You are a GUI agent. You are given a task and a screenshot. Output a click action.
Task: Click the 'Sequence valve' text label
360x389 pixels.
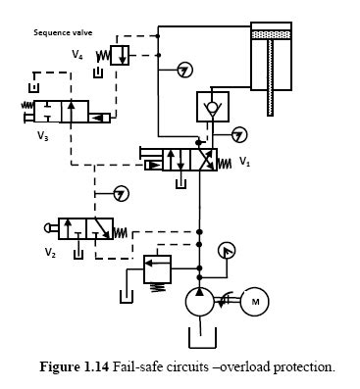point(62,31)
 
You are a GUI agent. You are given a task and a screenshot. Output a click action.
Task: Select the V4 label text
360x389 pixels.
point(77,55)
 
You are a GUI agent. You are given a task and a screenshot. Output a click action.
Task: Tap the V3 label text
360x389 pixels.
point(43,136)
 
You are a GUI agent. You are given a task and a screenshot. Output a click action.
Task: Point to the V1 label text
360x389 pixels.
point(244,163)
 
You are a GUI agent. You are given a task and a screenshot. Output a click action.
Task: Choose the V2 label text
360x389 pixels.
point(50,252)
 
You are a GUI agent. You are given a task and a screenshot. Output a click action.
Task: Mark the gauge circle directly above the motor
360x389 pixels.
point(226,251)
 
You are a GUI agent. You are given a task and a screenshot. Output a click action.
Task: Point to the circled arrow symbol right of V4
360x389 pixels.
point(185,70)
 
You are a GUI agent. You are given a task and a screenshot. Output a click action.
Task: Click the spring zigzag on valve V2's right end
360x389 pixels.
point(123,231)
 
